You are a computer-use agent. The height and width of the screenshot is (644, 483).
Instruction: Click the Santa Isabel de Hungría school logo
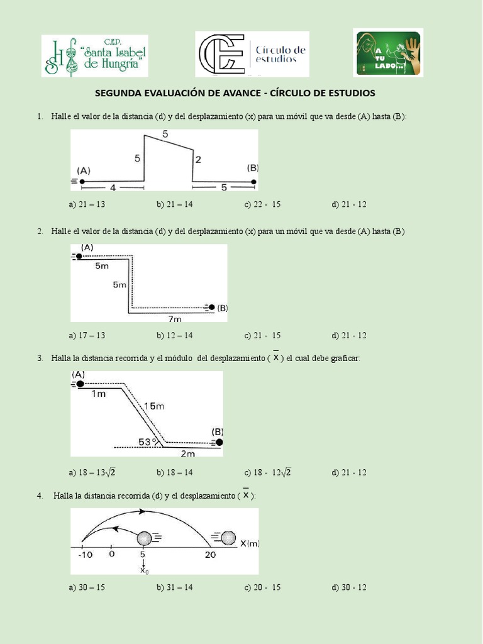pyautogui.click(x=95, y=55)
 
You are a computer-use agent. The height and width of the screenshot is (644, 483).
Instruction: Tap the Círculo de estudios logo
pyautogui.click(x=252, y=54)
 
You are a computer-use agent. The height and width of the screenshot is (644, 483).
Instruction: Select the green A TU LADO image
pyautogui.click(x=387, y=53)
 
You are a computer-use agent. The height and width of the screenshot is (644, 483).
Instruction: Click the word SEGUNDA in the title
pyautogui.click(x=118, y=93)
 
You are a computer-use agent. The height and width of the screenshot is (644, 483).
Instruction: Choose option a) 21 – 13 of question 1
pyautogui.click(x=87, y=204)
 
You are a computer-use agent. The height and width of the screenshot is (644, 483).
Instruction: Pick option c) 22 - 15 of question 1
pyautogui.click(x=262, y=204)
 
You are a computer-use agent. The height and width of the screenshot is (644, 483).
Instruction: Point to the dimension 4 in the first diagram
pyautogui.click(x=113, y=187)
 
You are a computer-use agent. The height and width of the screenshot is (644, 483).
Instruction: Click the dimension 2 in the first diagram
pyautogui.click(x=198, y=160)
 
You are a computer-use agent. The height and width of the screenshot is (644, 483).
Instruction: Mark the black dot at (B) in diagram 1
pyautogui.click(x=253, y=182)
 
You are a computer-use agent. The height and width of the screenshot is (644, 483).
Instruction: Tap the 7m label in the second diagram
pyautogui.click(x=175, y=319)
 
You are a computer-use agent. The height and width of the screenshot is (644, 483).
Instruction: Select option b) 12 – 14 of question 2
pyautogui.click(x=174, y=335)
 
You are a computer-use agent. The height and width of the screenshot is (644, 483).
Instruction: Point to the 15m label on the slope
pyautogui.click(x=154, y=406)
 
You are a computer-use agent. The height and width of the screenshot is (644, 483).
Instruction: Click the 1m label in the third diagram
pyautogui.click(x=99, y=394)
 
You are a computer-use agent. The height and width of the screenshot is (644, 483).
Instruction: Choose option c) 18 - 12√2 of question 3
pyautogui.click(x=267, y=472)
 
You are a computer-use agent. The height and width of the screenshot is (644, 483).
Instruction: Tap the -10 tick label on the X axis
pyautogui.click(x=85, y=555)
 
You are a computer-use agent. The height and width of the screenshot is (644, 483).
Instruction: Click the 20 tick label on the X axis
pyautogui.click(x=211, y=555)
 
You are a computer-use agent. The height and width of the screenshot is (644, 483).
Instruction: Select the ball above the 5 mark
pyautogui.click(x=145, y=538)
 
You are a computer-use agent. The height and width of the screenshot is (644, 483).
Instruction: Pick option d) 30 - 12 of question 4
pyautogui.click(x=348, y=587)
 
